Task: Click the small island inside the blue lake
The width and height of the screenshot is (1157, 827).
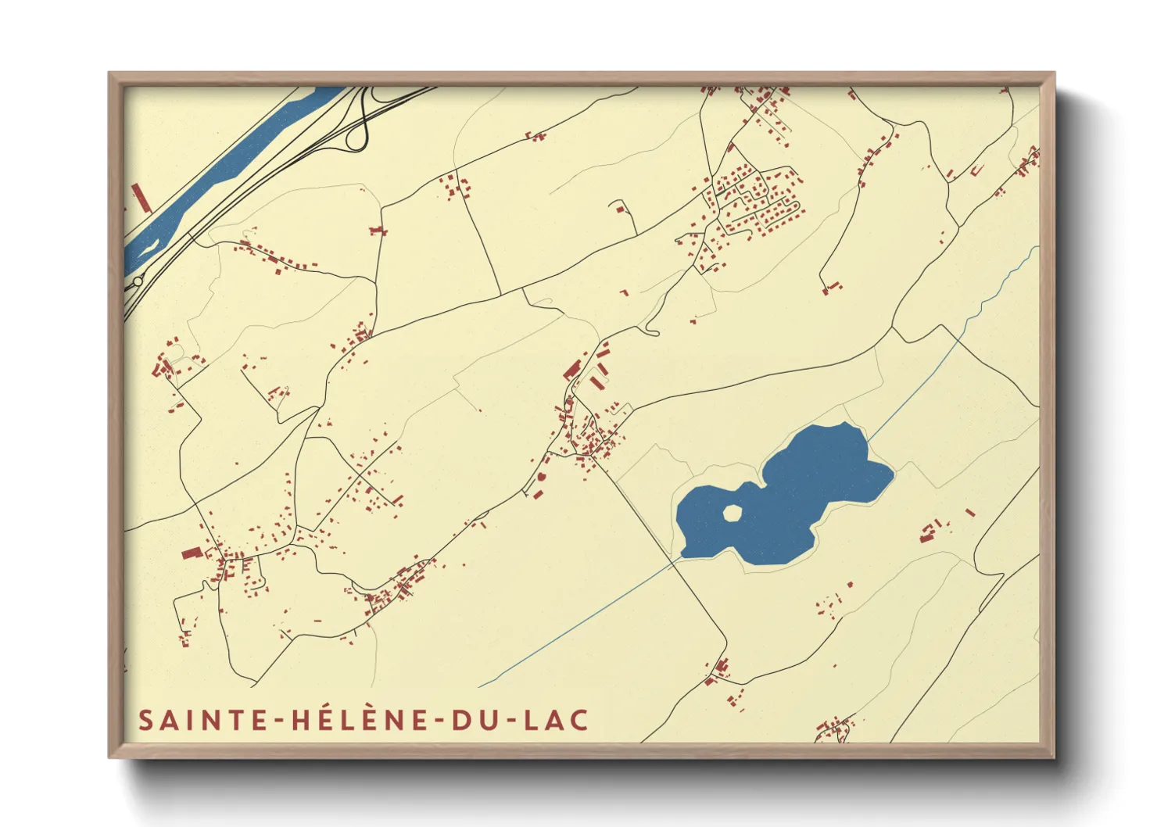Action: [x=732, y=513]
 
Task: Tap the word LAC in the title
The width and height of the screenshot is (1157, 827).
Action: [x=556, y=720]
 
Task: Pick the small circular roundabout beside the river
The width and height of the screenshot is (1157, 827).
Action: [x=138, y=281]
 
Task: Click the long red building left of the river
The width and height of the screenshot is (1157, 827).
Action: [x=141, y=198]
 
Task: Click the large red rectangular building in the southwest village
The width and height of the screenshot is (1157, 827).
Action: [x=192, y=553]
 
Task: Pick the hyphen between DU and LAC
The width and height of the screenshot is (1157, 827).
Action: [x=506, y=721]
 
